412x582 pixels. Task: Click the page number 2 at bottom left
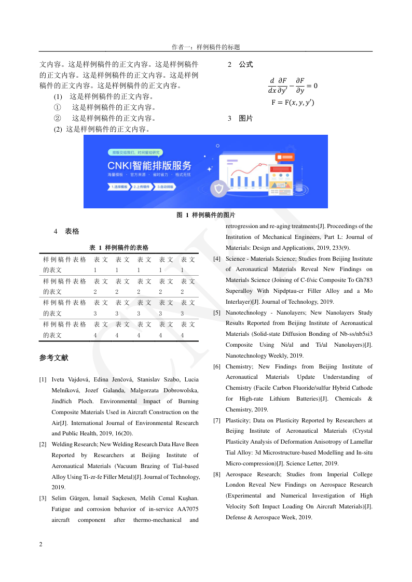pos(41,545)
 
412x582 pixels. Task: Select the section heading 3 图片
pos(240,119)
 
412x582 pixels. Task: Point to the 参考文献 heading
pos(53,358)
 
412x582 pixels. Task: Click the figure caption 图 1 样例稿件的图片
pos(205,215)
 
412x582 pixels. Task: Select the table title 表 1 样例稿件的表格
pos(119,248)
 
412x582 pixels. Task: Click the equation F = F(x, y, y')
pos(293,103)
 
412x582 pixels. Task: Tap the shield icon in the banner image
pos(218,189)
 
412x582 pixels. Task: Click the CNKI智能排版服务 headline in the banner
pos(149,166)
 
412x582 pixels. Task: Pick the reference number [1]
pos(43,380)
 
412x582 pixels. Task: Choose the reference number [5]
pos(217,313)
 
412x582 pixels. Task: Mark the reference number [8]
pos(217,474)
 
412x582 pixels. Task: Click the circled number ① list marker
pos(57,108)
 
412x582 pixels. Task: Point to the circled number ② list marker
pos(57,119)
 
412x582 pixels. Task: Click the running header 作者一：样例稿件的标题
pos(206,47)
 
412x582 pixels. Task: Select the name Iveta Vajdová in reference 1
pos(71,380)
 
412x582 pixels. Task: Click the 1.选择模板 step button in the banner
pos(119,187)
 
